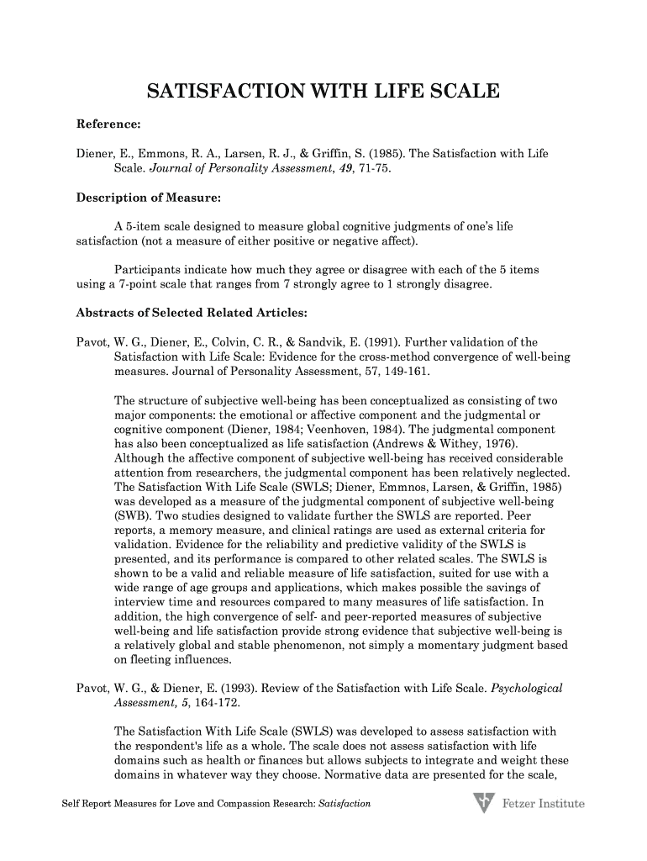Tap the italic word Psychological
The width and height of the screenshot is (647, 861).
pyautogui.click(x=526, y=688)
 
